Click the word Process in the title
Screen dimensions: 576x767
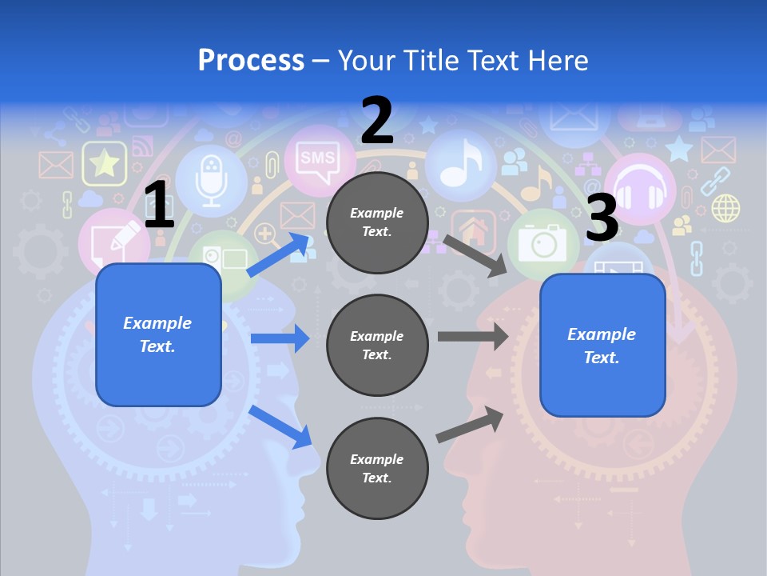click(251, 60)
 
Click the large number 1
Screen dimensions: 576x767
click(160, 206)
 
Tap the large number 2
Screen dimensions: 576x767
click(377, 121)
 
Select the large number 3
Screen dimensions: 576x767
click(602, 218)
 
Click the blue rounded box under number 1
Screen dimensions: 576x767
click(158, 334)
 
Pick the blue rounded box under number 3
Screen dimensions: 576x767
click(602, 345)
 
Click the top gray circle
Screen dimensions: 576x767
click(377, 222)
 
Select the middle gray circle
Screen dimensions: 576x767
click(377, 345)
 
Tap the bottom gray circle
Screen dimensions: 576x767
click(377, 468)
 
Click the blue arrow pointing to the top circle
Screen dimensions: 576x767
click(280, 254)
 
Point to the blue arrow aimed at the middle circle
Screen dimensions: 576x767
click(280, 338)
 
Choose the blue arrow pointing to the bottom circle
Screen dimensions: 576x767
click(280, 426)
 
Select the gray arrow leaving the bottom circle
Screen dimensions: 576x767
click(470, 424)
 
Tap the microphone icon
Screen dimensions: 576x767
click(211, 182)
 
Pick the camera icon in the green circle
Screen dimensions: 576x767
click(543, 242)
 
